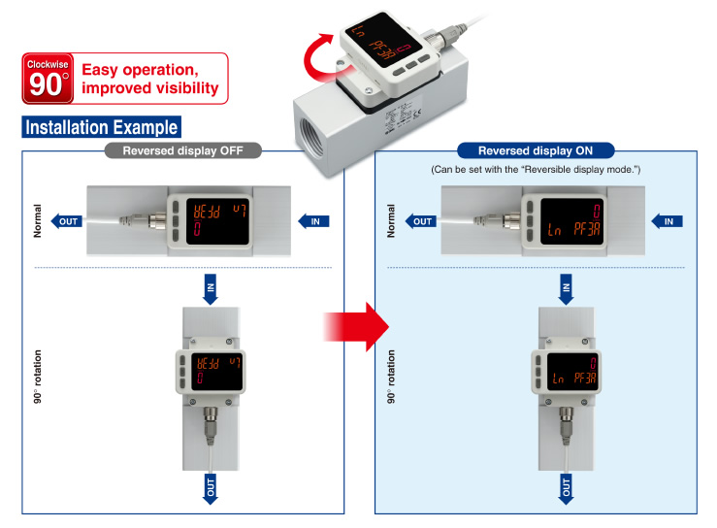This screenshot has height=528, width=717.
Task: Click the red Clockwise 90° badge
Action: tap(46, 79)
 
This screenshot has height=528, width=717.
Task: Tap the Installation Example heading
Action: tap(101, 127)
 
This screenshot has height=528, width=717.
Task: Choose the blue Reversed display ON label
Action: tap(536, 150)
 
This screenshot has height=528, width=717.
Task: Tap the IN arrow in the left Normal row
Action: tap(313, 221)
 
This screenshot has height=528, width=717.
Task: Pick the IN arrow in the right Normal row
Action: tap(667, 221)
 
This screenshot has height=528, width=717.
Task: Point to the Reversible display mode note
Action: tap(536, 170)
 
